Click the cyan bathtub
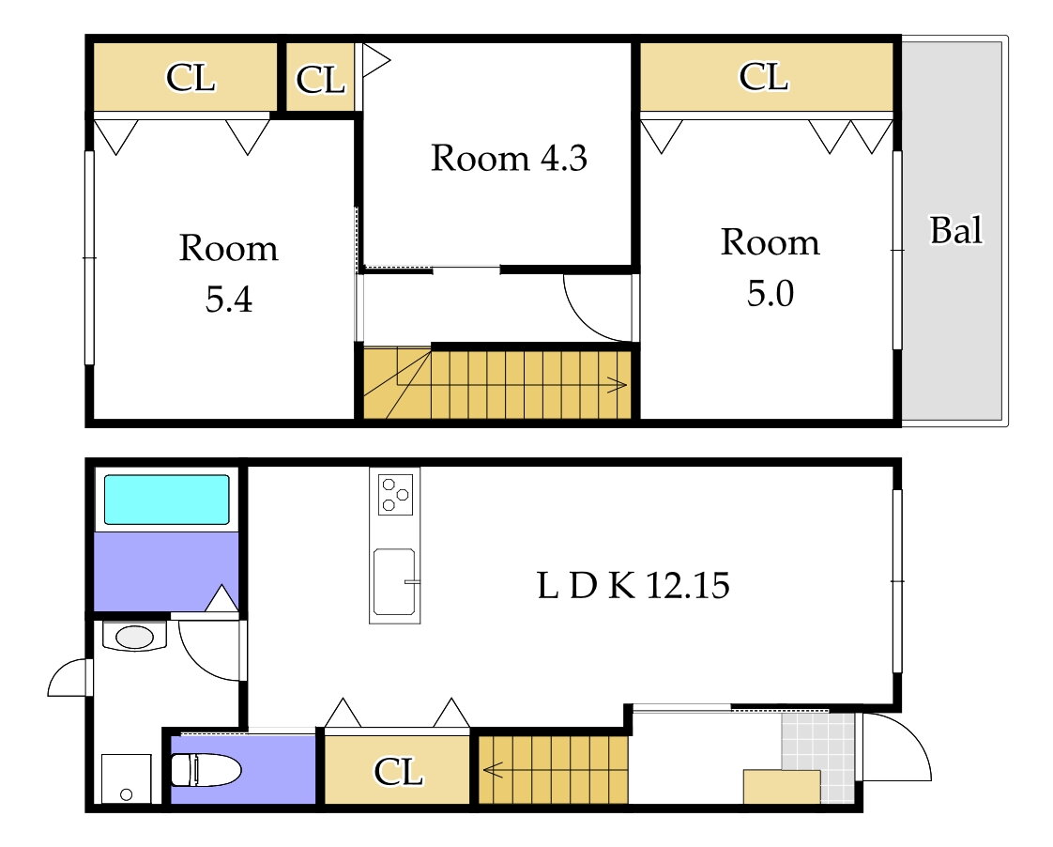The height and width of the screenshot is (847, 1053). (x=166, y=499)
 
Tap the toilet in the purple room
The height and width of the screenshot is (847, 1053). (x=206, y=769)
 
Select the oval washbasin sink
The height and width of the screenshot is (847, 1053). (x=134, y=637)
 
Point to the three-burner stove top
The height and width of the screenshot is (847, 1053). (x=395, y=495)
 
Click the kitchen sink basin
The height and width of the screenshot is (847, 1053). (x=394, y=581)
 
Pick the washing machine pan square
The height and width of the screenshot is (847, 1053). (x=127, y=778)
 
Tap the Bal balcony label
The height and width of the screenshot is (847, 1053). (x=955, y=230)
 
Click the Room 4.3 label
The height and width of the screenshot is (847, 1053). (x=509, y=159)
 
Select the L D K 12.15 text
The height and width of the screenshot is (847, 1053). (x=633, y=585)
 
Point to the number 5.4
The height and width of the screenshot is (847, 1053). (x=228, y=300)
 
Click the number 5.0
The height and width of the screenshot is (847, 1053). (x=771, y=294)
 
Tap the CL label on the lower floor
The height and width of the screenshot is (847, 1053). (x=398, y=772)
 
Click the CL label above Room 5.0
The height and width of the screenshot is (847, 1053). (x=764, y=77)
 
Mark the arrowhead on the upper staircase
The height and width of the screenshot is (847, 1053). (x=618, y=385)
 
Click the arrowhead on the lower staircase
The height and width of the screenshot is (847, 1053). (x=493, y=769)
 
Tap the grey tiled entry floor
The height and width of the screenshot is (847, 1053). (x=819, y=757)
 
